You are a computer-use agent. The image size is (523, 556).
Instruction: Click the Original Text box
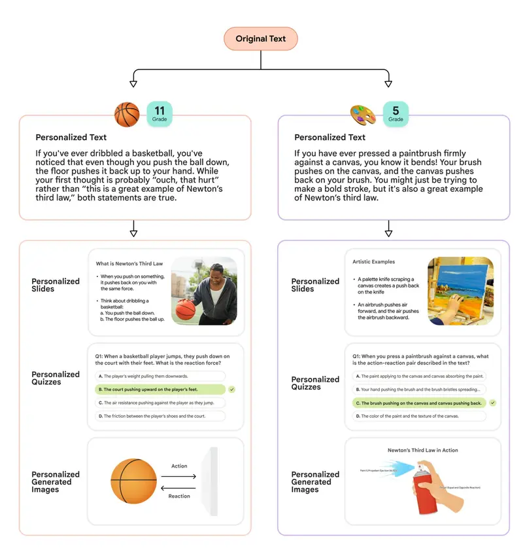coord(260,39)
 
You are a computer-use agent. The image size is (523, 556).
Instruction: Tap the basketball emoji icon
coord(127,114)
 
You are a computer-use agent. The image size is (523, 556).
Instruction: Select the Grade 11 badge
coord(160,113)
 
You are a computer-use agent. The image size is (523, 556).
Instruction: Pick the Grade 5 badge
coord(396,113)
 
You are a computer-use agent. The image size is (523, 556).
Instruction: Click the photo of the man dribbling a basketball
coord(204,291)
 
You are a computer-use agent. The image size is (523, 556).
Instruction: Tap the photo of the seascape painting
coord(460,291)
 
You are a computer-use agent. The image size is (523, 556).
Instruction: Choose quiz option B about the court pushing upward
coord(160,390)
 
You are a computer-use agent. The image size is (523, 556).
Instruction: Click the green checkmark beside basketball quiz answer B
coord(232,390)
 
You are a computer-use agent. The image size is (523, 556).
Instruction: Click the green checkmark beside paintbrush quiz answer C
coord(492,403)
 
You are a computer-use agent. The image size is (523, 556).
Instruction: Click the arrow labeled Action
coord(179,476)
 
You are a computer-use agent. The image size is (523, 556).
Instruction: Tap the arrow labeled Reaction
coord(179,487)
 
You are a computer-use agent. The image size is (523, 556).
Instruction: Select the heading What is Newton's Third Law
coord(129,264)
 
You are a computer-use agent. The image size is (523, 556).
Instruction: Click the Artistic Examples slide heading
coord(374,262)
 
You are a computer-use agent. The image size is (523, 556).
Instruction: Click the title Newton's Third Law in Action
coord(423,451)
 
